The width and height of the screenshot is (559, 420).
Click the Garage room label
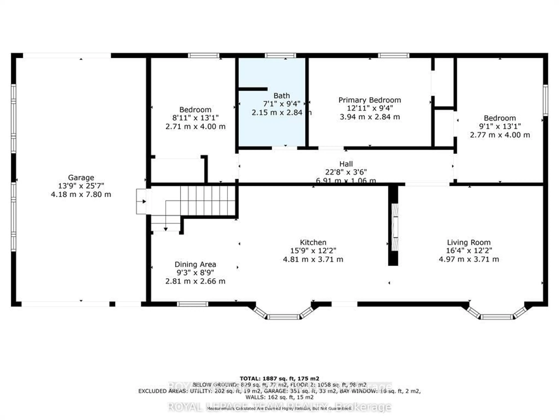pyautogui.click(x=81, y=177)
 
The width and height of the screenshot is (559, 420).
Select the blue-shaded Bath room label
pyautogui.click(x=282, y=96)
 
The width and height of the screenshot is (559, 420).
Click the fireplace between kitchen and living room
pyautogui.click(x=395, y=227)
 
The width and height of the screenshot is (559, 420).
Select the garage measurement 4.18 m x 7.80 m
pyautogui.click(x=81, y=194)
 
